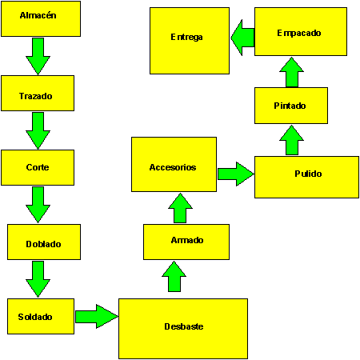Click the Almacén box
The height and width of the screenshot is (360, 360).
[x=41, y=19]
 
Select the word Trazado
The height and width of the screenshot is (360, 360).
[x=36, y=96]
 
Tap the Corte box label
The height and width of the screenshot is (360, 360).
[x=38, y=167]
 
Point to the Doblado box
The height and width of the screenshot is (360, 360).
[x=44, y=242]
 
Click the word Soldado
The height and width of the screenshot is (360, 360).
[x=35, y=317]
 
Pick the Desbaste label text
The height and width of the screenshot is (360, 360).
[x=184, y=326]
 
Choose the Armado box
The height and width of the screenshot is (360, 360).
[x=186, y=242]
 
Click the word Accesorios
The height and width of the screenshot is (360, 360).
[x=173, y=167]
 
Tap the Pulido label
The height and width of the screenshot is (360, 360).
[x=308, y=174]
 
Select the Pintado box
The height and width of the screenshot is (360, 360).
[x=291, y=106]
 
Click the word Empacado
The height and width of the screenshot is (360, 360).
[x=299, y=33]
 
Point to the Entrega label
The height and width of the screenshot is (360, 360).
[x=186, y=37]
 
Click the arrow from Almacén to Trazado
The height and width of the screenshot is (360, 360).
[x=38, y=56]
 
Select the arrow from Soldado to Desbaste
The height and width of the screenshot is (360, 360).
[x=97, y=316]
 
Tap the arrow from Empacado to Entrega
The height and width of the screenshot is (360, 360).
[x=242, y=38]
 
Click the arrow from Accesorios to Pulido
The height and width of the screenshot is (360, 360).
[x=236, y=174]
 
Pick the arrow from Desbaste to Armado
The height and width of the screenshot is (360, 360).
[x=174, y=277]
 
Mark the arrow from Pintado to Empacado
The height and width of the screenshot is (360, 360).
[x=292, y=72]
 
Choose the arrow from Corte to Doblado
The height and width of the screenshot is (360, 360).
[x=38, y=205]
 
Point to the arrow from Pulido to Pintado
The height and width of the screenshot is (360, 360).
[x=292, y=140]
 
